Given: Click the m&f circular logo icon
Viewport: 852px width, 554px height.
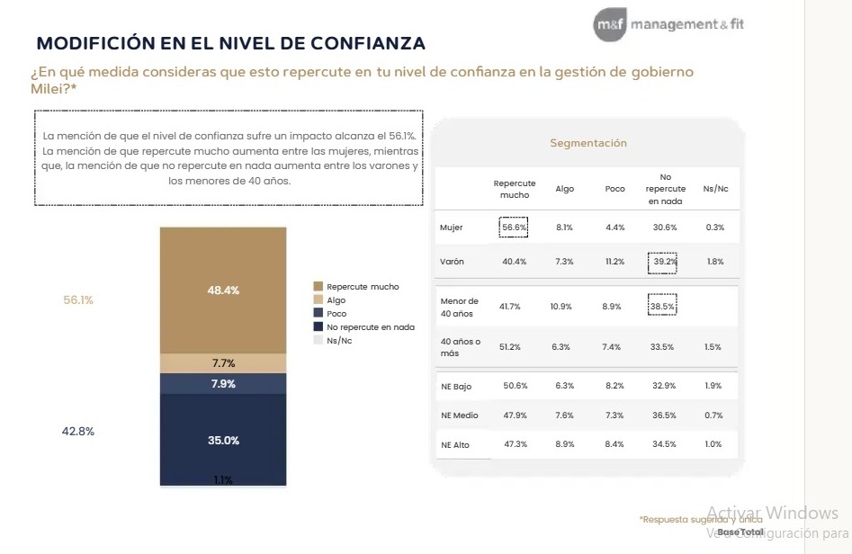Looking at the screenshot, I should [x=609, y=25].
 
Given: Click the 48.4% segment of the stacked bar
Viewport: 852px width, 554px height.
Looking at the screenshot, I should [x=223, y=290].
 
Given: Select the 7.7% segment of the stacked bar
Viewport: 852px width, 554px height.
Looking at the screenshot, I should [x=223, y=363].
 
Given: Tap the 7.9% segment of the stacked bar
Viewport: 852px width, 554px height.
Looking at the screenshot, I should [x=223, y=384].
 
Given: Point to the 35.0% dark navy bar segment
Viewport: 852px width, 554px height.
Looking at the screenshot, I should [x=223, y=440].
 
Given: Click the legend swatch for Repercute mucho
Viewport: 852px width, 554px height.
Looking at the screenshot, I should [x=317, y=287].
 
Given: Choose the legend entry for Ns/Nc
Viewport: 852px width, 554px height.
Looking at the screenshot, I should [x=339, y=341].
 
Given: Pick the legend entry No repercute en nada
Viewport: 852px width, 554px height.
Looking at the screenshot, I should [x=370, y=327].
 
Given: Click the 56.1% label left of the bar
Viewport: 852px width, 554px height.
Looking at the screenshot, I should [x=78, y=300].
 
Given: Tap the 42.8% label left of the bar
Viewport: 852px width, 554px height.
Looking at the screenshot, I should [x=78, y=431].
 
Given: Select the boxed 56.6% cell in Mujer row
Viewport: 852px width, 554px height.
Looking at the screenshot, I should [x=514, y=228].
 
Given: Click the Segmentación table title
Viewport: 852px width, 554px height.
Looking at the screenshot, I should [x=588, y=143].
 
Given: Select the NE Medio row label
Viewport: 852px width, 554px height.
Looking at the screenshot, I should [x=461, y=415].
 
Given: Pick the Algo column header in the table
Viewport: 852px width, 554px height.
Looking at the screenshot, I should [x=565, y=189].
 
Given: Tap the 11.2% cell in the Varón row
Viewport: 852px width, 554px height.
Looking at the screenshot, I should [x=614, y=262].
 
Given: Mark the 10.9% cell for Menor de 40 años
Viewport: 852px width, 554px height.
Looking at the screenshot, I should [x=563, y=307].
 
